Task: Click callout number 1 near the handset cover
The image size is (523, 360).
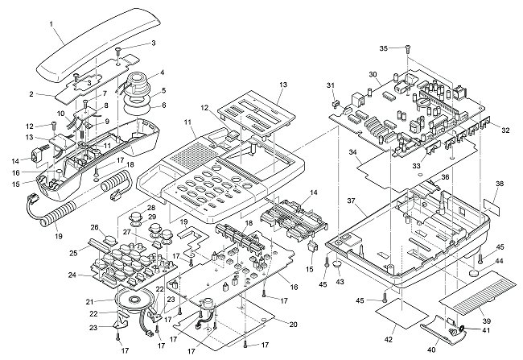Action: pos(51,23)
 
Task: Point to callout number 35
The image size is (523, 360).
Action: pos(384,48)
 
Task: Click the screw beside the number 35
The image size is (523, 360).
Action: pos(407,49)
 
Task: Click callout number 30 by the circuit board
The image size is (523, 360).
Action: pos(373,75)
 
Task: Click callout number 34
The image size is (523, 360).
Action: pos(352,151)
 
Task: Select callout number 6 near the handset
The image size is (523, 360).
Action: pos(163,105)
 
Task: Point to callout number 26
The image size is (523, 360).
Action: pos(94,228)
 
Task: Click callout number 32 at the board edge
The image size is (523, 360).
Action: pos(504,130)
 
